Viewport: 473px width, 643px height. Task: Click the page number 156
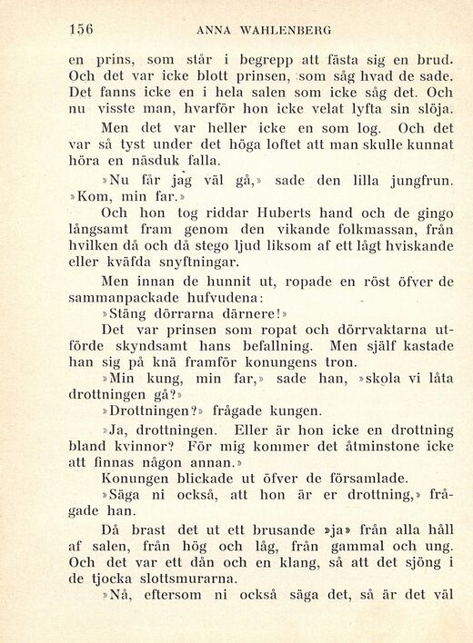(81, 29)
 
